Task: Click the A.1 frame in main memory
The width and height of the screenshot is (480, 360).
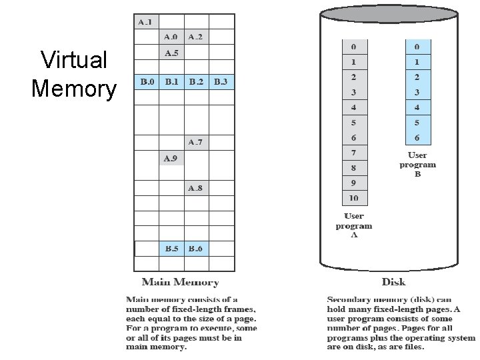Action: coord(146,22)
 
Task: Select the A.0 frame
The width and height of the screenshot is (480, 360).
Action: coord(171,37)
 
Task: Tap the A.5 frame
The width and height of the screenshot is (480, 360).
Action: coord(171,53)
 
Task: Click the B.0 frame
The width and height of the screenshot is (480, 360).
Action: coord(147,82)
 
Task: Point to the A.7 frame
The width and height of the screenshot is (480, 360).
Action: coord(196,142)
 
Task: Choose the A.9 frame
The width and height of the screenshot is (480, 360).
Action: coord(171,158)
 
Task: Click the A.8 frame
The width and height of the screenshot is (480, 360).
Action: coord(196,188)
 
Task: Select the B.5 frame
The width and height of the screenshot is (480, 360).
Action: coord(171,249)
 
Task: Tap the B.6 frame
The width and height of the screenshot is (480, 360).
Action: coord(196,249)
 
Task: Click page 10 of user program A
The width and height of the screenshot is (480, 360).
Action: coord(353,198)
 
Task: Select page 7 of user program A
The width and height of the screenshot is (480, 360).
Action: coord(353,153)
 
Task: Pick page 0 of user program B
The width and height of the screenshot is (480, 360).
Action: coord(417,47)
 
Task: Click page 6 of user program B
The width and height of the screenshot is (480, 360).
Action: coord(417,137)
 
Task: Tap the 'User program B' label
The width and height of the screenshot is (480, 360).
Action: coord(418,165)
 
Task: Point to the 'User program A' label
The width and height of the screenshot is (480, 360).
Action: coord(354,225)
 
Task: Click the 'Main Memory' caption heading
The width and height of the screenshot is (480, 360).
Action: coord(180,283)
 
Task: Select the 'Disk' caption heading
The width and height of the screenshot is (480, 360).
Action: coord(394,282)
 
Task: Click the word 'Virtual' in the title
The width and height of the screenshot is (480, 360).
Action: coord(74,60)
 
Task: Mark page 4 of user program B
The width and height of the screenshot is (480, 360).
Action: coord(417,107)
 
